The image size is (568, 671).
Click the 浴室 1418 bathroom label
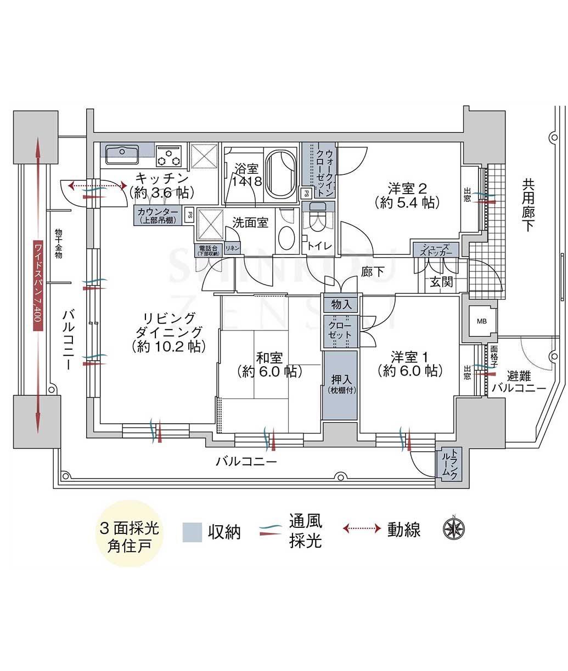point(246,174)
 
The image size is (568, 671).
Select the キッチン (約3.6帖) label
point(162,185)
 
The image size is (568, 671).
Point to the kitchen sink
point(122,152)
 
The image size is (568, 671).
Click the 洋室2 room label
point(407,195)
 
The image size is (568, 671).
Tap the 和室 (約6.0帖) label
point(269,365)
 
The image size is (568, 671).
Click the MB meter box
point(481,321)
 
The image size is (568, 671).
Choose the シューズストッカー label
point(436,250)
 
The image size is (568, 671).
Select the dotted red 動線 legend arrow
point(362,528)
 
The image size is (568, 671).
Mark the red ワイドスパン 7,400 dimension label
point(37,285)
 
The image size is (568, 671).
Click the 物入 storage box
point(341,304)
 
